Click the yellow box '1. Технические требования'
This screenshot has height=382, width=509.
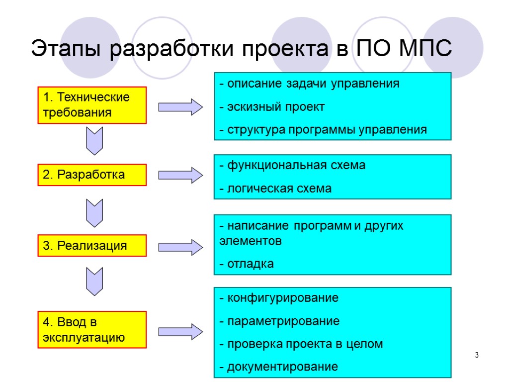pyautogui.click(x=92, y=105)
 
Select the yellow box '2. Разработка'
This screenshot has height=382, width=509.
pyautogui.click(x=92, y=175)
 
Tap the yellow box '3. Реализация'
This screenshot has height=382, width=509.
pyautogui.click(x=92, y=245)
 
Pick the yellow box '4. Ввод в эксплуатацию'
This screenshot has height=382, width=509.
pyautogui.click(x=92, y=329)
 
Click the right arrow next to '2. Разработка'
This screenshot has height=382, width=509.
pyautogui.click(x=180, y=175)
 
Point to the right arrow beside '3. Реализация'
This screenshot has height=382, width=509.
pyautogui.click(x=180, y=246)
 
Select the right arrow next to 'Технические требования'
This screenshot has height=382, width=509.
pyautogui.click(x=180, y=106)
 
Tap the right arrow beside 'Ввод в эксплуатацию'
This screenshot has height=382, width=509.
pyautogui.click(x=180, y=331)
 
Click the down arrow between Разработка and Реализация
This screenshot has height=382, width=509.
pyautogui.click(x=94, y=212)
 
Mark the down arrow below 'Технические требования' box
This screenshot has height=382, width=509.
pyautogui.click(x=94, y=141)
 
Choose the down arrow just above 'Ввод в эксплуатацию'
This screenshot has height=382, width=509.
pyautogui.click(x=94, y=281)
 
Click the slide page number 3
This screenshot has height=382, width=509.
pyautogui.click(x=477, y=355)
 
